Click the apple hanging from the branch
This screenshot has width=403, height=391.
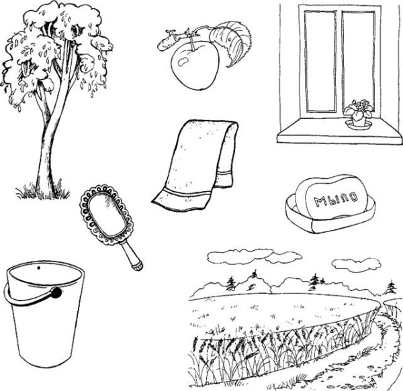coord(195,66)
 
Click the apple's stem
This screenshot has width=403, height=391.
coord(191,41)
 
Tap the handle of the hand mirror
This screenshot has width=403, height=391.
coord(132,254)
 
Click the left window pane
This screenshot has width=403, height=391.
coord(320,62)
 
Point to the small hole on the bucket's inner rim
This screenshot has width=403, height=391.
coord(39,268)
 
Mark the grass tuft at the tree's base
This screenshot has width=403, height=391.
coord(42,191)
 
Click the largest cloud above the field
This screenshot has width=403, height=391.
coord(240,256)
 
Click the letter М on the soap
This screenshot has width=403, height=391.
coord(318,201)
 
